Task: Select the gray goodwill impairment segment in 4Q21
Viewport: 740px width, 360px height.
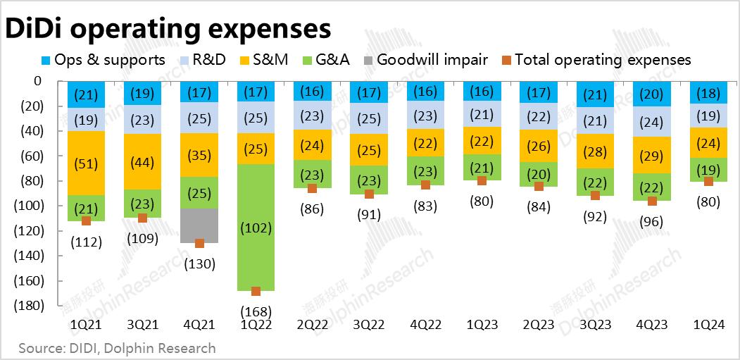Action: click(199, 225)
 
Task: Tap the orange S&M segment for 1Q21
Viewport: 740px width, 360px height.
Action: click(86, 163)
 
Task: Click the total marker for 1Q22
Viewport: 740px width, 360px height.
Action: click(256, 291)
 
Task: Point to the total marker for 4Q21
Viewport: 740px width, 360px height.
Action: click(199, 243)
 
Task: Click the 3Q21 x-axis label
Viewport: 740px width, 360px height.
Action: click(142, 325)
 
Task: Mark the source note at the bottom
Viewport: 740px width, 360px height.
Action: click(117, 348)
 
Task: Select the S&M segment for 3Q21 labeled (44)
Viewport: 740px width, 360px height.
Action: click(142, 161)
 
